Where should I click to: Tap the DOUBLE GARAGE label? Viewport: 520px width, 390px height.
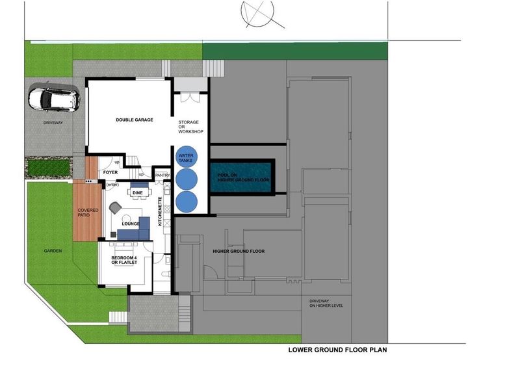(x=134, y=120)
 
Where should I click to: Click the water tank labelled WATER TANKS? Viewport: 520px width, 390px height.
(x=187, y=156)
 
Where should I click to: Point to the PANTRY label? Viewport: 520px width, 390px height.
(x=161, y=175)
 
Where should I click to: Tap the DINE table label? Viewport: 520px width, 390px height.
(x=137, y=193)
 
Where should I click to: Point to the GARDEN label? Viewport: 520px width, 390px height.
(x=52, y=251)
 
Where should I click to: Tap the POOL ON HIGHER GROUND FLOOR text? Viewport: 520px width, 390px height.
(x=239, y=177)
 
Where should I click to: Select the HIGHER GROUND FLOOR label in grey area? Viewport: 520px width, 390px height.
(x=239, y=251)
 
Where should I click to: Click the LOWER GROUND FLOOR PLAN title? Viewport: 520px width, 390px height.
(x=337, y=349)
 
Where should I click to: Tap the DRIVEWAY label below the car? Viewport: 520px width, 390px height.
(x=53, y=122)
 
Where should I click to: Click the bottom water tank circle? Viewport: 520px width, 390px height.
(x=187, y=201)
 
